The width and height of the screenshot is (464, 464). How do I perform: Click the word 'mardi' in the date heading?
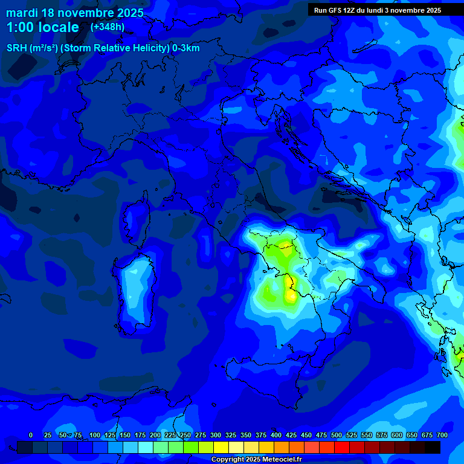coord(21,13)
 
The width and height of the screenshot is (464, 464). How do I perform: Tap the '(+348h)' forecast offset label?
coord(108,27)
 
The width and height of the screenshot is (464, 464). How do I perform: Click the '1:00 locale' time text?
coord(43,27)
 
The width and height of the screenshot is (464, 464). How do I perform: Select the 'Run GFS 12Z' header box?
coord(377,10)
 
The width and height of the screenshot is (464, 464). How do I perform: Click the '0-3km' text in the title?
coord(186,48)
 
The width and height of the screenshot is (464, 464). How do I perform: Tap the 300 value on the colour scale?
coord(216,435)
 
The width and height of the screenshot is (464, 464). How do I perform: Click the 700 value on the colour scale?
coord(442,435)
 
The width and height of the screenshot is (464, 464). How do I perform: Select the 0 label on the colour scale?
coord(31,435)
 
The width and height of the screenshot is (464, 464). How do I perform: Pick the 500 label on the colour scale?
coord(337,435)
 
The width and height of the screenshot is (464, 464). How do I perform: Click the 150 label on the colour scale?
coord(125,435)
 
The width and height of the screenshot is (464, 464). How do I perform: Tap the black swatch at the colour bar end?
coord(433,447)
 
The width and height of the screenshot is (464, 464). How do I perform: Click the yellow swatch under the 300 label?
coord(221,447)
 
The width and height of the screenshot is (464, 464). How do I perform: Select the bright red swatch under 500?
coord(342,447)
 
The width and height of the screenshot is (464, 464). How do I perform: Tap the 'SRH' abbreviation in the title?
coord(17,48)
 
